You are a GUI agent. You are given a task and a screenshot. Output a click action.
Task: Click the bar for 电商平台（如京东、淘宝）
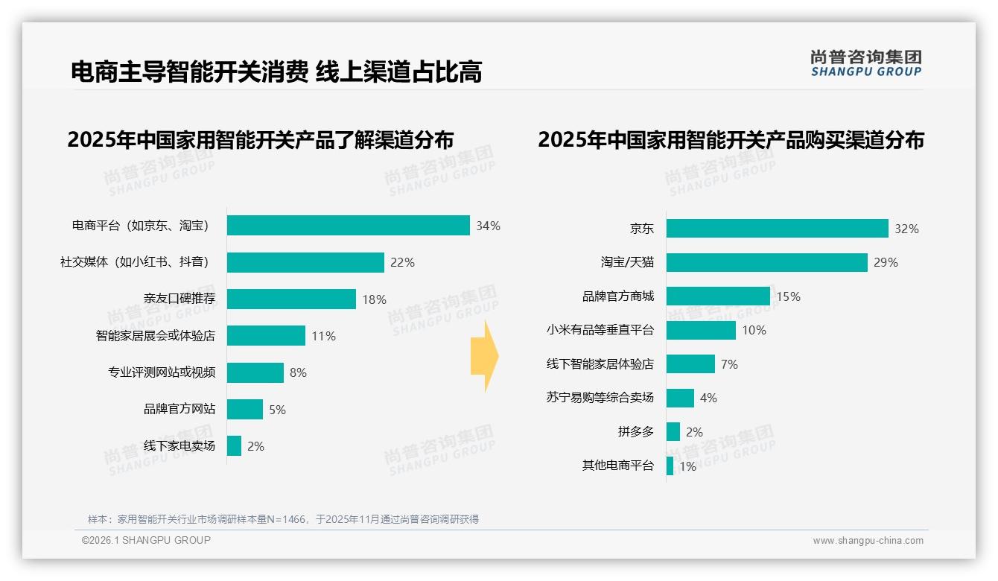[348, 226]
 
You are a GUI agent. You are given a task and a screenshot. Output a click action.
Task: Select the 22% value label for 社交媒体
[402, 262]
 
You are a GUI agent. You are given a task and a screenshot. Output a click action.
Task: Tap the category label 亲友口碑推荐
[179, 299]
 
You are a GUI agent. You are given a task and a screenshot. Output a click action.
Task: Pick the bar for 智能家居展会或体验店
[266, 336]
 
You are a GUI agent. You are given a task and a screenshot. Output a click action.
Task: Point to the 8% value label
[298, 372]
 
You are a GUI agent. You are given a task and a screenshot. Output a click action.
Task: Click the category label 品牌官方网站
[179, 409]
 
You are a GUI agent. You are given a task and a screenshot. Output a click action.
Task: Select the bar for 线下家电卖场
[234, 446]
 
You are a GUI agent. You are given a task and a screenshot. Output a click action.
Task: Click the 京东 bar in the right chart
[777, 229]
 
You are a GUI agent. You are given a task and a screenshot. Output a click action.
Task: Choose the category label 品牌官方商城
[617, 296]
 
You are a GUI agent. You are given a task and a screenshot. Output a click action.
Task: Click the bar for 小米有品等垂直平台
[701, 330]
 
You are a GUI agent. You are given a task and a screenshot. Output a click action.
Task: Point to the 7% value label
[729, 364]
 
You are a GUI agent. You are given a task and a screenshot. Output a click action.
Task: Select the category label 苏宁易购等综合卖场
[600, 398]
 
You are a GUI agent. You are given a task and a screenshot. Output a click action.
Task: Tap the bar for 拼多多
[673, 432]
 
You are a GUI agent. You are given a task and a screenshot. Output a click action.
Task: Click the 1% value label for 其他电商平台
[687, 467]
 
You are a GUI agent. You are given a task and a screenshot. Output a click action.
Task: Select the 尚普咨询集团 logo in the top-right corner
[865, 63]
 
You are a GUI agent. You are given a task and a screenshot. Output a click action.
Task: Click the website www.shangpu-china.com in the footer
[868, 541]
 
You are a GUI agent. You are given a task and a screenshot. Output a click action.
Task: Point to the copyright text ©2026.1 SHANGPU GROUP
[146, 540]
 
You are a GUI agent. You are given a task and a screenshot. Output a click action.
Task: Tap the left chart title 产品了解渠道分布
[260, 140]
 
